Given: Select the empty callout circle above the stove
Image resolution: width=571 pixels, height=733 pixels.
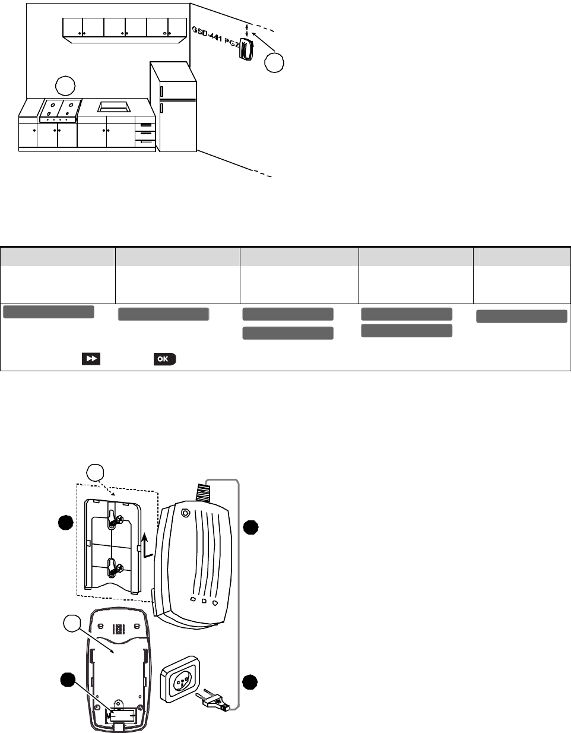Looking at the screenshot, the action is pos(65,85).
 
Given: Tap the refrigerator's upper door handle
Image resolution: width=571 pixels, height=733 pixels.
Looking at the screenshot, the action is pos(161,91).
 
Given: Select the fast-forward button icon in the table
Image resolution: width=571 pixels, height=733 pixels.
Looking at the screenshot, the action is pos(91,359).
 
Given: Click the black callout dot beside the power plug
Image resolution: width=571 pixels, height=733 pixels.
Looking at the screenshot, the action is pos(250,683).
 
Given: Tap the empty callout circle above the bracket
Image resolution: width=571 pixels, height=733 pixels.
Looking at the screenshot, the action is pos(96,473).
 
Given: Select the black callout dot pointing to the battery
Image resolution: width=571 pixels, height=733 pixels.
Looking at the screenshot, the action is pos(68,681).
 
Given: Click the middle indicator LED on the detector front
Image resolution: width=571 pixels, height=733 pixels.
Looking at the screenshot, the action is pos(204,601).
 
